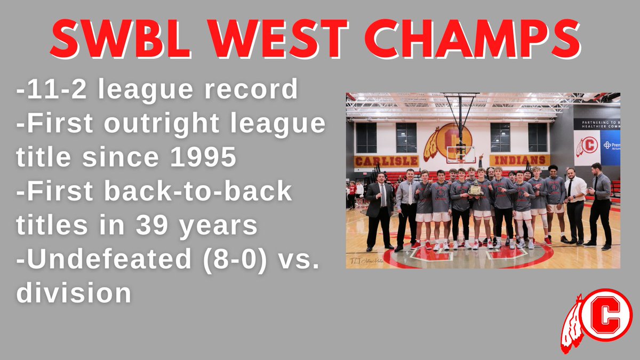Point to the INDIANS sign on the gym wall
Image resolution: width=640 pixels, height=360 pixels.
519,160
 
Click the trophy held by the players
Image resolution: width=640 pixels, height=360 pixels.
475,189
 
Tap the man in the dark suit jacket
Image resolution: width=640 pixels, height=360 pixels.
380,211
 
